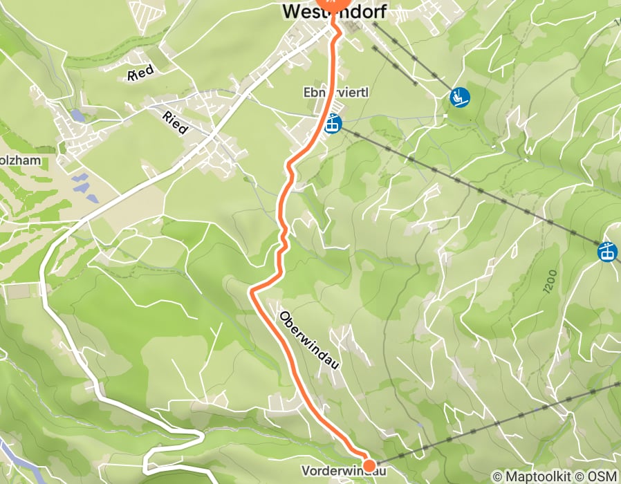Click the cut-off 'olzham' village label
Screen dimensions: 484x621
point(21,160)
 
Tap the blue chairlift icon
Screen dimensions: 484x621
point(459,97)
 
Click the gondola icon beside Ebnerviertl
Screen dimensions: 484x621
point(333,124)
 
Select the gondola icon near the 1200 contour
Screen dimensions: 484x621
point(608,251)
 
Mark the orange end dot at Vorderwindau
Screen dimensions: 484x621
point(369,465)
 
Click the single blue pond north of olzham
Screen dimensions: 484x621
point(77,116)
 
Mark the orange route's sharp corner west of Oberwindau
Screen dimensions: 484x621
point(251,291)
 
